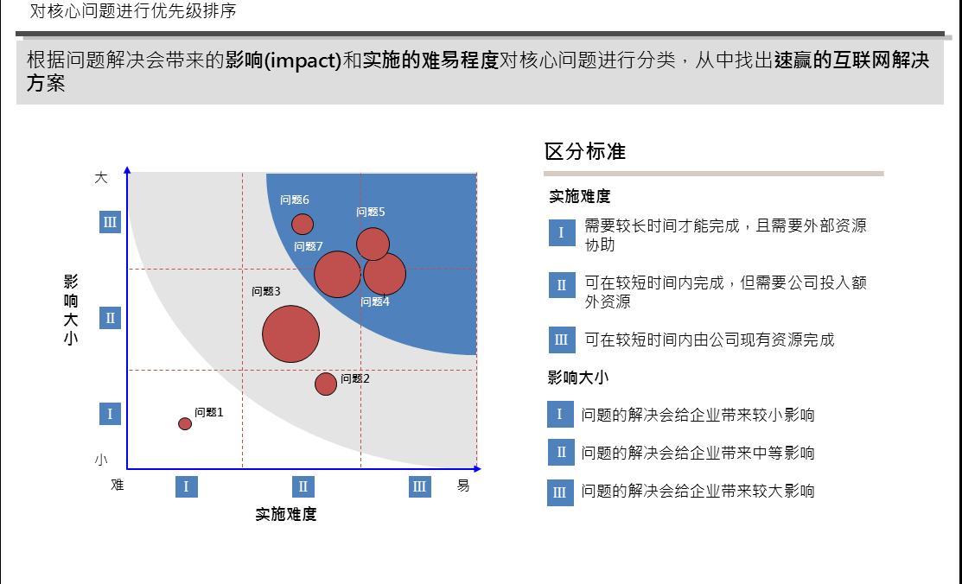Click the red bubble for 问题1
185,423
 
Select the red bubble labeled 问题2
326,384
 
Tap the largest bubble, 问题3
290,333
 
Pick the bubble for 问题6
303,224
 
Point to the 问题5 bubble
373,244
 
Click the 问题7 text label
308,246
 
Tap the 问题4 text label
375,302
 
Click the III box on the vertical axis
110,222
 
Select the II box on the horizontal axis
303,486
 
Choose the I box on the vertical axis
110,414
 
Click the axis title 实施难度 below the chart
286,514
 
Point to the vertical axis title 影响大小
71,310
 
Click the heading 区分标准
584,151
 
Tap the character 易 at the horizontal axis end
463,486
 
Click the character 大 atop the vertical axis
101,178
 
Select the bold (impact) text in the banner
303,60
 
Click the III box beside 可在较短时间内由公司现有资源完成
562,340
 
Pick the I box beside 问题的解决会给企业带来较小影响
560,414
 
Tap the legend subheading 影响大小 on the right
578,378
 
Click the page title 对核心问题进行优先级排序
133,10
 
